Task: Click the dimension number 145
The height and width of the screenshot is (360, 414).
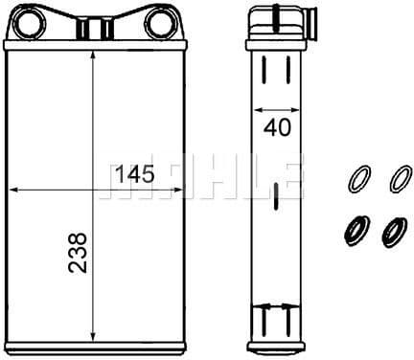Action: (135, 174)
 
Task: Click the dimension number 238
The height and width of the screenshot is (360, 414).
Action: (78, 253)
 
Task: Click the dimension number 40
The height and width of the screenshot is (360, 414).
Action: (277, 127)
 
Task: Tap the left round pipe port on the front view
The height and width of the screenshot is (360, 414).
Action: (28, 23)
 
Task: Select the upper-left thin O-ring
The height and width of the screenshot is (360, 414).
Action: (359, 178)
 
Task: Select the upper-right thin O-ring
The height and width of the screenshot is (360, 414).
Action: (401, 178)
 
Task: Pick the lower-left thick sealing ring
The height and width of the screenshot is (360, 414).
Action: (356, 231)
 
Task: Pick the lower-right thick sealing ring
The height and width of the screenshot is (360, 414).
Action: (395, 233)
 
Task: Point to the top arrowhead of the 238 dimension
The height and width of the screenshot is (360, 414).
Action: (93, 55)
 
